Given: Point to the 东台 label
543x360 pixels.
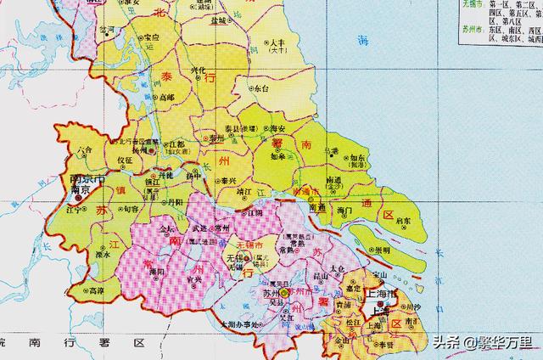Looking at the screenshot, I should pyautogui.click(x=260, y=87).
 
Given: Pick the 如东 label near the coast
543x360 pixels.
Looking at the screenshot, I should pyautogui.click(x=359, y=159).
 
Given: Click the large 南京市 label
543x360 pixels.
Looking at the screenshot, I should pyautogui.click(x=87, y=180).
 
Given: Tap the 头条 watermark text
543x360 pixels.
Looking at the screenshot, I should pyautogui.click(x=448, y=343).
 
